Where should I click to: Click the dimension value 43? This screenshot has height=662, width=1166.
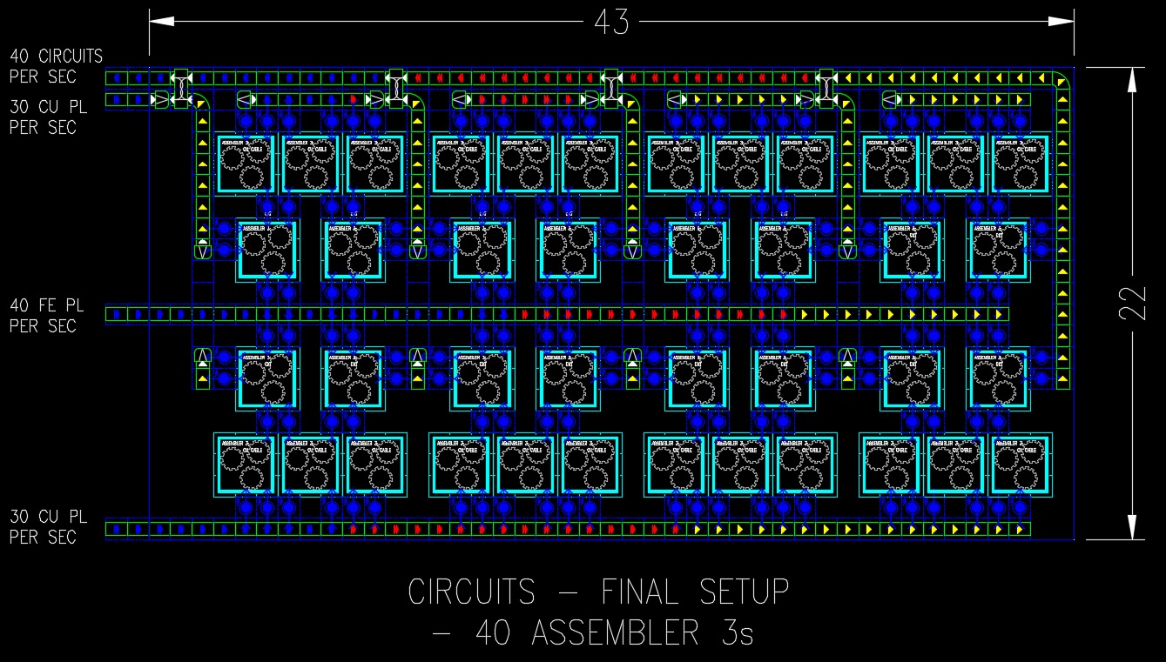pos(611,23)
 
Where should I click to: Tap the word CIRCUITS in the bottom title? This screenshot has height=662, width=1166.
pos(471,592)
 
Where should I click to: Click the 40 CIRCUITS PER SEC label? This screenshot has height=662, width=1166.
pos(56,66)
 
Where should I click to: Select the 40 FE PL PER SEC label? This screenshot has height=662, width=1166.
pos(47,316)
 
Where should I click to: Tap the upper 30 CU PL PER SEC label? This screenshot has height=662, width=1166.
pos(49,117)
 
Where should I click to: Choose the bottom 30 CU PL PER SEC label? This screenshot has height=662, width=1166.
pos(49,526)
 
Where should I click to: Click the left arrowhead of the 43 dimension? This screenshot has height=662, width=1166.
pos(162,23)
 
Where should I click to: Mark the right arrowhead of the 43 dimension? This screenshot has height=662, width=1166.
pos(1061,23)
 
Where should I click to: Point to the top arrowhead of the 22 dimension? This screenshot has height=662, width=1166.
pos(1132,79)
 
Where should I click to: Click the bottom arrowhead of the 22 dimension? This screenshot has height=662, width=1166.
pos(1132,527)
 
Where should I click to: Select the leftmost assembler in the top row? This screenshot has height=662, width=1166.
pos(246,163)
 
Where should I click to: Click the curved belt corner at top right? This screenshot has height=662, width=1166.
pos(1062,79)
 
